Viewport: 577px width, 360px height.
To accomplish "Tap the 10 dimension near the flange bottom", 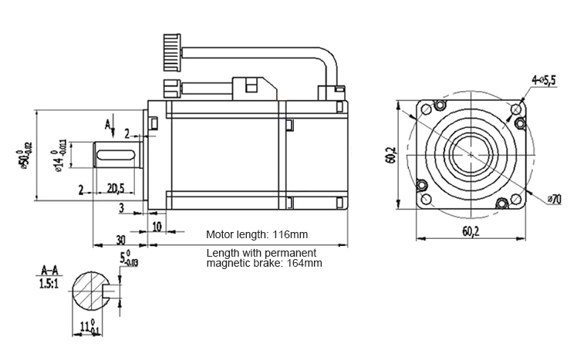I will coord(157,227).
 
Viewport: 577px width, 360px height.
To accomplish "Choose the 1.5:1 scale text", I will coord(49,283).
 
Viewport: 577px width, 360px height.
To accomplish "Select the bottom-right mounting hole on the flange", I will coord(502,204).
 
